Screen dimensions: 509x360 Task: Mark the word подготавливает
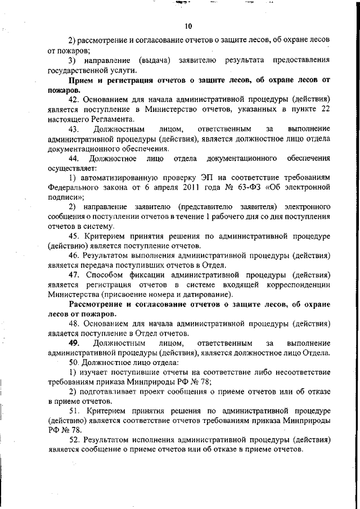(x=109, y=392)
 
